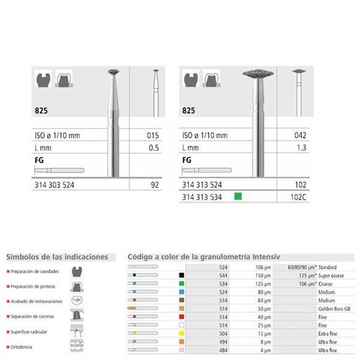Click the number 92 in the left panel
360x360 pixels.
(x=155, y=184)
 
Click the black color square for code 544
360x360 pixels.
(x=181, y=276)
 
